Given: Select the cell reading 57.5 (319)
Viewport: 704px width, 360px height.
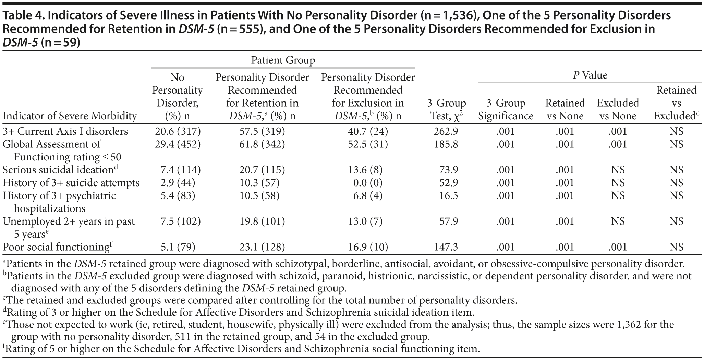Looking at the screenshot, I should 262,131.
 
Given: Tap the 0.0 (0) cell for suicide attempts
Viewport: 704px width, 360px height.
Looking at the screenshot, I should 368,183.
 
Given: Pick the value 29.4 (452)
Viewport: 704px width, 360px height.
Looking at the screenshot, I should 177,144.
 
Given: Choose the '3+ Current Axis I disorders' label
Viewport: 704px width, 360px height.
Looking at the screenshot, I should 65,131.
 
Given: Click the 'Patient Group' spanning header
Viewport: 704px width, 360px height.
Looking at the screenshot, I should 283,61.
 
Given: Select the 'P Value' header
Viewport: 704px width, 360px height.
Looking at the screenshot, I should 590,75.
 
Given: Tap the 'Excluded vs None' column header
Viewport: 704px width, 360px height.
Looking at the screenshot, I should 618,109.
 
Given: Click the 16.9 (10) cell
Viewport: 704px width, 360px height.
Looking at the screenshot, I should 368,247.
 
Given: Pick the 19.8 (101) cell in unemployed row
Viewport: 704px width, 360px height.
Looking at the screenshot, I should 262,221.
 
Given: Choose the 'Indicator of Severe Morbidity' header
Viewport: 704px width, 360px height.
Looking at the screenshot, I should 70,116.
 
